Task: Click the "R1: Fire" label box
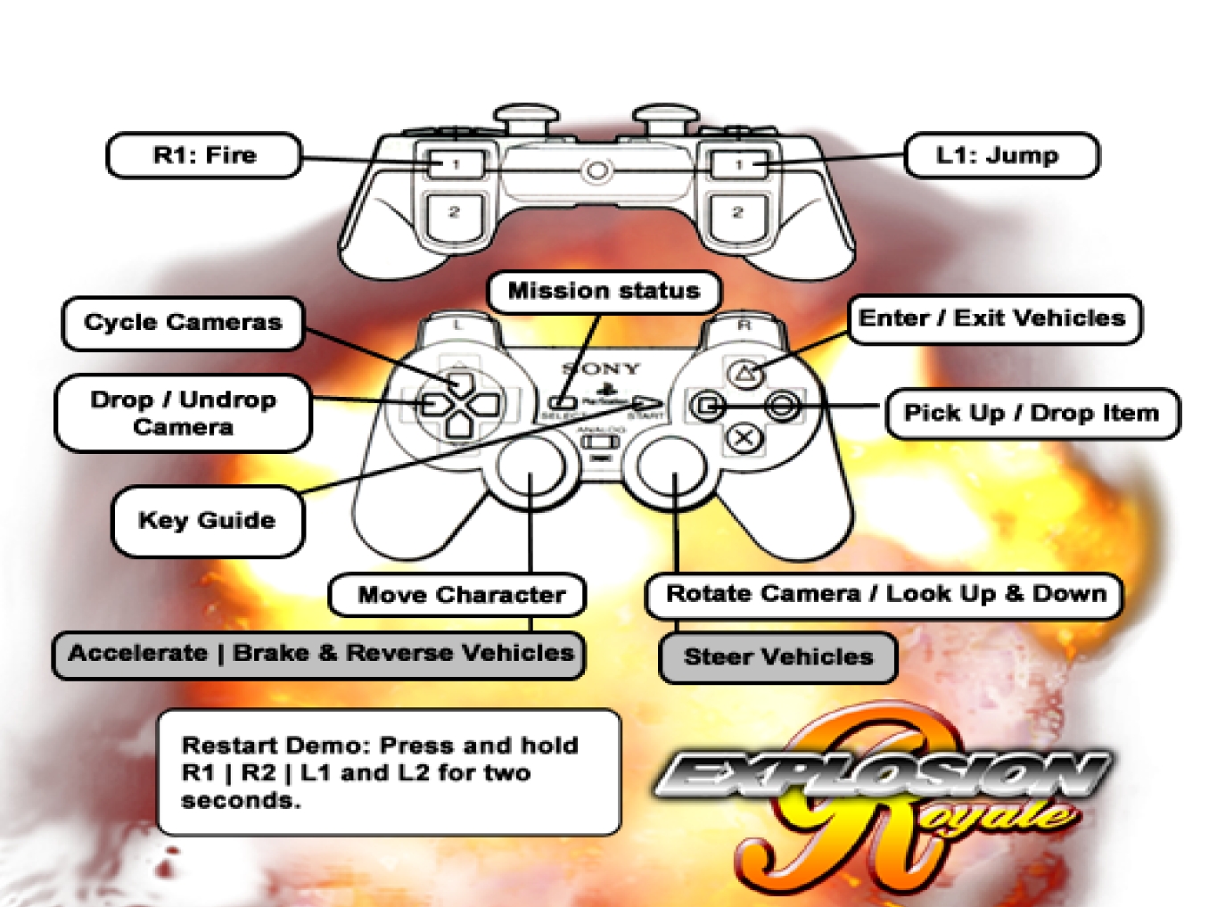pos(204,156)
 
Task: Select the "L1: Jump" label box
pos(1000,156)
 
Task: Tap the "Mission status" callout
pos(604,292)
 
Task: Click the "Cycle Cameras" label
pos(183,323)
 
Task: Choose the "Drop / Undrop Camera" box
pos(183,413)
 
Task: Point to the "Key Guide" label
pos(207,521)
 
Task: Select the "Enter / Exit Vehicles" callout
pos(992,319)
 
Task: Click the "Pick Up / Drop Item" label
pos(1032,413)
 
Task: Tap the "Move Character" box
pos(460,595)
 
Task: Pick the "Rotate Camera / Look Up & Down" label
pos(885,595)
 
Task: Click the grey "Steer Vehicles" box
pos(777,657)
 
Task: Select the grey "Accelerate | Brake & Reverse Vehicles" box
pos(319,654)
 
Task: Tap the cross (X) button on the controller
pos(743,439)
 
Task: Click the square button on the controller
pos(707,407)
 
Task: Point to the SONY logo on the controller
pos(601,368)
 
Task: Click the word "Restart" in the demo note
pos(230,746)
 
